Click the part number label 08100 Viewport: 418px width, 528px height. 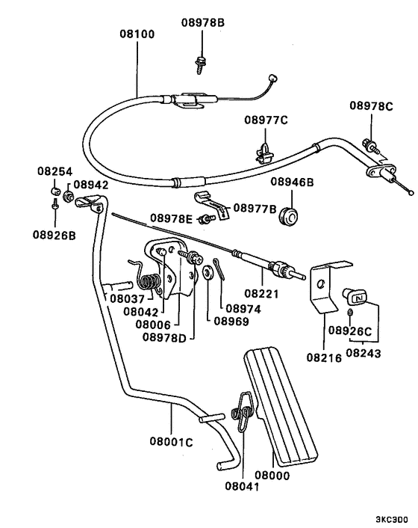point(137,34)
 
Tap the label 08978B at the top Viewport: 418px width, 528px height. point(202,22)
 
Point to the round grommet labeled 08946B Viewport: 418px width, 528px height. point(288,214)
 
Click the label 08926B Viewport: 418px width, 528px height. point(54,234)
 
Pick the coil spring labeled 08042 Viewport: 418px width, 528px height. point(152,282)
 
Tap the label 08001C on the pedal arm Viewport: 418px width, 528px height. point(172,442)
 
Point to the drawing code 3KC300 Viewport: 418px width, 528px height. point(392,518)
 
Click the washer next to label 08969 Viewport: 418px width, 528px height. point(202,274)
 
